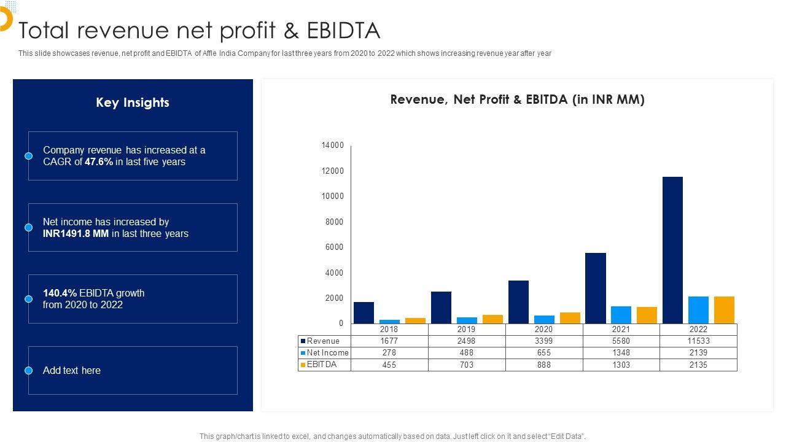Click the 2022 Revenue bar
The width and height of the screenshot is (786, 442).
[x=672, y=250]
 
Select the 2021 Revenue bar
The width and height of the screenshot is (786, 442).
[x=595, y=288]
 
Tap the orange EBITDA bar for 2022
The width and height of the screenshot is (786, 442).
[x=724, y=310]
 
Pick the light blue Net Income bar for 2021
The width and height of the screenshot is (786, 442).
[x=621, y=315]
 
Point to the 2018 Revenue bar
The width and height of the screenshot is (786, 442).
[x=364, y=312]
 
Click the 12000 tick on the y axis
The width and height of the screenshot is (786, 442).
[x=332, y=171]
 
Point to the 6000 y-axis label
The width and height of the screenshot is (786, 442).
[x=334, y=247]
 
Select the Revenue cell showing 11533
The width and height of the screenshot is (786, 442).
[x=698, y=341]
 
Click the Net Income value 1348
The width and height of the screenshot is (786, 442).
[x=621, y=353]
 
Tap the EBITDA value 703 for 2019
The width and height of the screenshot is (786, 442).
[x=466, y=365]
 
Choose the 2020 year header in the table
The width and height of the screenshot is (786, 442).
[x=543, y=330]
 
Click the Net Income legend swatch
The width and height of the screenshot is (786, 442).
[x=303, y=353]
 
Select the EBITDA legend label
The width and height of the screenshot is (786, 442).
[x=322, y=365]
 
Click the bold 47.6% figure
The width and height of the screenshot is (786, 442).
[x=99, y=162]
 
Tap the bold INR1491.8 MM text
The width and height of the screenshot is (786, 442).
[x=76, y=234]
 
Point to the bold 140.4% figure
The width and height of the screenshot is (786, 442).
[x=60, y=293]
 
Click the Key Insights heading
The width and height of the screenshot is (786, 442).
[x=133, y=103]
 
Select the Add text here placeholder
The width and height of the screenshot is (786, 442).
[x=72, y=371]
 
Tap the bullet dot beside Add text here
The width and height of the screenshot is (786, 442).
[x=28, y=371]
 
